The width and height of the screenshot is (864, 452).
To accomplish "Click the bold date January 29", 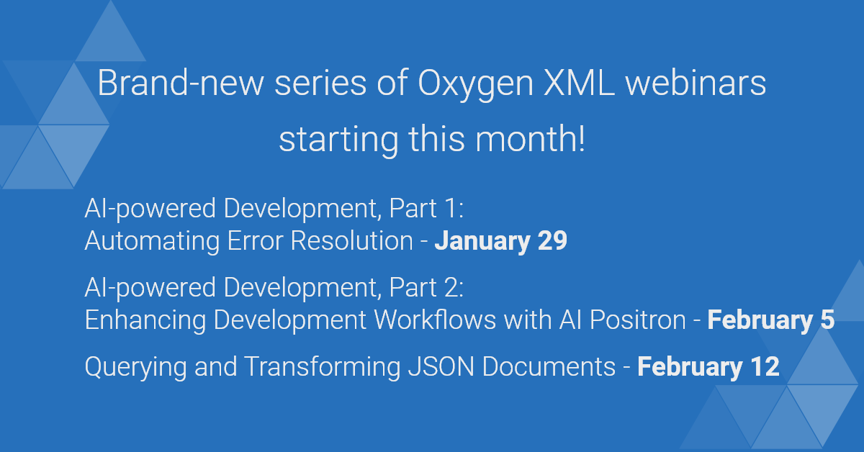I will click(x=500, y=241).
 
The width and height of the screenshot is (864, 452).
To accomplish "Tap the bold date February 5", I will click(x=770, y=320).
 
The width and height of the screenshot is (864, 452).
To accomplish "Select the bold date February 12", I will click(x=708, y=367).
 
